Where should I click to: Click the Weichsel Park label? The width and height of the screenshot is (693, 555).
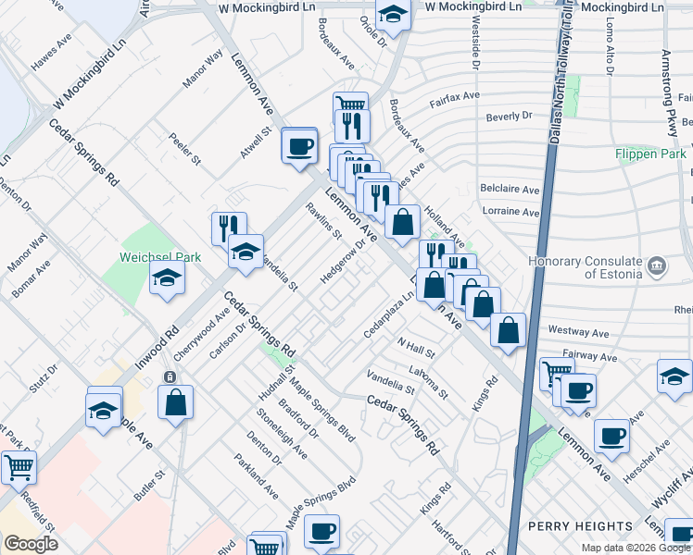(148, 256)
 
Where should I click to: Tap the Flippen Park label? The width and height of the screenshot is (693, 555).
(650, 154)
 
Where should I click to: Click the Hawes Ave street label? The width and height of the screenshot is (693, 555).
(51, 57)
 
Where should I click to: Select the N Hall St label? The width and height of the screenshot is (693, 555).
(416, 351)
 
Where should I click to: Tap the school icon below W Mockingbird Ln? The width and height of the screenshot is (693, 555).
(393, 16)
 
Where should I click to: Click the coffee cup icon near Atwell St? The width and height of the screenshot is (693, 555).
(299, 145)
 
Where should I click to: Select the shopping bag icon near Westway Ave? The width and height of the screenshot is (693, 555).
(509, 331)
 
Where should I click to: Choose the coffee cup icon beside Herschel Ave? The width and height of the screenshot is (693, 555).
(611, 435)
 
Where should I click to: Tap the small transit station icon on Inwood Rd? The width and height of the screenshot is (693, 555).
(169, 377)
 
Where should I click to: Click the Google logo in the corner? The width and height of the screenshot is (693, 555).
(31, 544)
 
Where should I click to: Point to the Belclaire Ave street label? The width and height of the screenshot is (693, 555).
(510, 189)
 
